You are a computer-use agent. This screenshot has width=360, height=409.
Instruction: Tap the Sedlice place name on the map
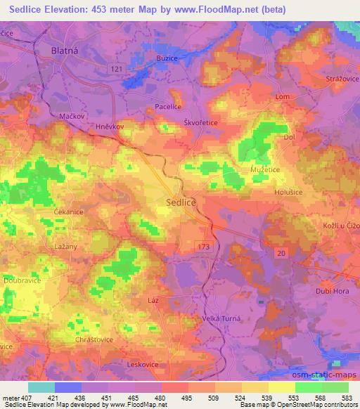pyautogui.click(x=181, y=202)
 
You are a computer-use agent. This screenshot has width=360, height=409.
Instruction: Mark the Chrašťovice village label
pyautogui.click(x=94, y=339)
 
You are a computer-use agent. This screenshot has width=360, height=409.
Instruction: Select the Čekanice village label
pyautogui.click(x=69, y=211)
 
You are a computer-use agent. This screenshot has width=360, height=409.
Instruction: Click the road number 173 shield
pyautogui.click(x=203, y=242)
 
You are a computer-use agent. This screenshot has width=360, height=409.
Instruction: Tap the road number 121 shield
pyautogui.click(x=116, y=67)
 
